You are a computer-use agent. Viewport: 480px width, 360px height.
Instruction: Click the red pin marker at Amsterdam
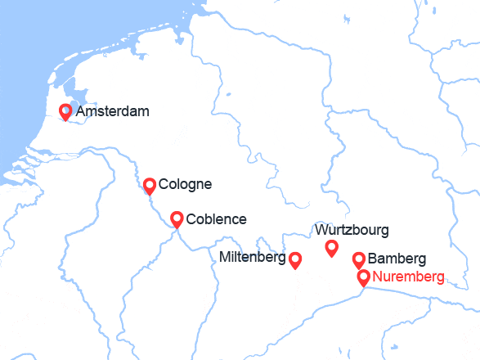click(x=65, y=112)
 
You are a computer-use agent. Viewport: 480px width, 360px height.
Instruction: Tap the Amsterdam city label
click(x=113, y=111)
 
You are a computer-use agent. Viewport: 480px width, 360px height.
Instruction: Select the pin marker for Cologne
click(x=149, y=186)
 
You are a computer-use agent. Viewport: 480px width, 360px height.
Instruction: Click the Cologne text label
click(x=185, y=184)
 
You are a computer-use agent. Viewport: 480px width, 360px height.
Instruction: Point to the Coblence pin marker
click(x=176, y=218)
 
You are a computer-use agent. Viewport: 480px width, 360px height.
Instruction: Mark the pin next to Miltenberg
click(x=295, y=259)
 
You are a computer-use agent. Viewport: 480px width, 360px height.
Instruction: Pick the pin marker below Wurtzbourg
click(x=331, y=248)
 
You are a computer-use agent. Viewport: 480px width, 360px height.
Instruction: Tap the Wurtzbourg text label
click(x=351, y=230)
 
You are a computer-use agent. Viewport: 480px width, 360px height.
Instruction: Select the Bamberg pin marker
click(x=358, y=259)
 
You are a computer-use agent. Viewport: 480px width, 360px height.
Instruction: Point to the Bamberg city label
click(x=397, y=259)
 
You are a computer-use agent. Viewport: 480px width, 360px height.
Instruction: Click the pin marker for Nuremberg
click(x=363, y=278)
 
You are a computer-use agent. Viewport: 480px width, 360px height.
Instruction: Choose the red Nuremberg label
click(x=408, y=277)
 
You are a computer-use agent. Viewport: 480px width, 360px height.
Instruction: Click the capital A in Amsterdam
click(x=80, y=111)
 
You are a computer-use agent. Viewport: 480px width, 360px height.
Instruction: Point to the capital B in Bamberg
click(x=373, y=259)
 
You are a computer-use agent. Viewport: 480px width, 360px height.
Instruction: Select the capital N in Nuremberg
click(x=377, y=277)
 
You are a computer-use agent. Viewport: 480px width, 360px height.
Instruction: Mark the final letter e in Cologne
click(x=208, y=185)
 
